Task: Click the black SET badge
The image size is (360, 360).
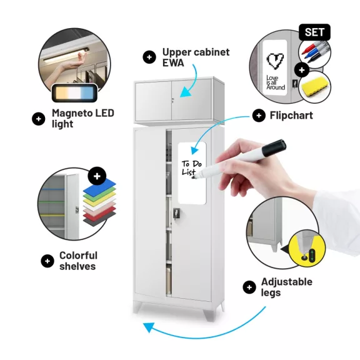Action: tap(314, 32)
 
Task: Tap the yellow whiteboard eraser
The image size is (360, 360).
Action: tap(314, 86)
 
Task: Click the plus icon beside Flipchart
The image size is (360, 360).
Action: tap(259, 116)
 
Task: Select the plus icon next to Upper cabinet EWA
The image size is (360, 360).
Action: tap(149, 57)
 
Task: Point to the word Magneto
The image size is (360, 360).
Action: tap(72, 113)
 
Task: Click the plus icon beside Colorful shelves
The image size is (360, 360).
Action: tap(47, 261)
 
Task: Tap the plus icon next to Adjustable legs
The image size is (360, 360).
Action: tap(249, 287)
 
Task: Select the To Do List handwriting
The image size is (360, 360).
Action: tap(191, 168)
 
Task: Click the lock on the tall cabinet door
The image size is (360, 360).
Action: tap(176, 213)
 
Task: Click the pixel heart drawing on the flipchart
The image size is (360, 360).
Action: tap(275, 61)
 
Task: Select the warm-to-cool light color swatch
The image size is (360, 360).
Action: tap(74, 93)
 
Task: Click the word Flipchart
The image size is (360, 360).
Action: tap(291, 115)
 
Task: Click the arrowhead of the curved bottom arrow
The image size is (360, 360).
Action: tap(149, 327)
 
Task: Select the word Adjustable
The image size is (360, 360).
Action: tap(287, 282)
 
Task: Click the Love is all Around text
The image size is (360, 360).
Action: tap(276, 82)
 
